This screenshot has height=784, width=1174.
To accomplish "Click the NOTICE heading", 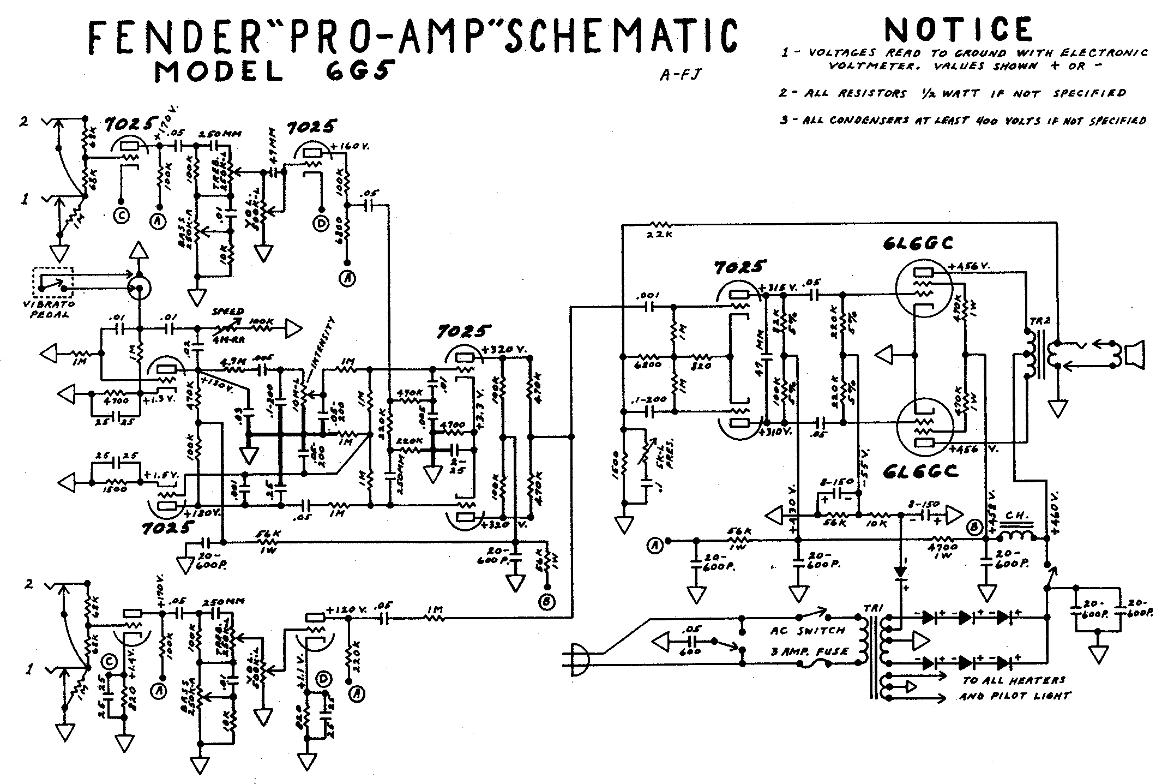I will pyautogui.click(x=959, y=30).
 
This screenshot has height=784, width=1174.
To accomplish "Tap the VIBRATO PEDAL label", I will pyautogui.click(x=53, y=309).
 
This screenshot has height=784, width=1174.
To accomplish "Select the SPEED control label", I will pyautogui.click(x=227, y=312).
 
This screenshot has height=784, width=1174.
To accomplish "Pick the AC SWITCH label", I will pyautogui.click(x=808, y=631).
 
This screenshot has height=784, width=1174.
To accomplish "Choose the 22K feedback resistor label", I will pyautogui.click(x=659, y=235).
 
